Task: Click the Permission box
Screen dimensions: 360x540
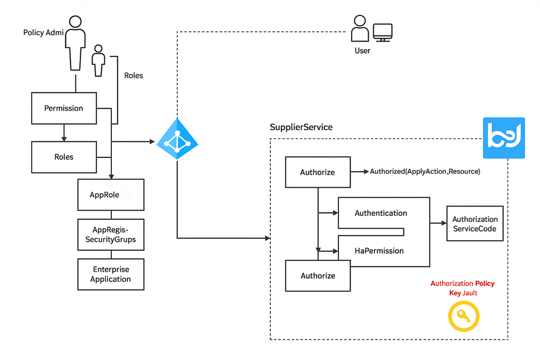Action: pyautogui.click(x=64, y=108)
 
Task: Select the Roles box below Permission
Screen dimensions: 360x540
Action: pyautogui.click(x=64, y=157)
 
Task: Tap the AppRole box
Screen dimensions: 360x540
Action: pyautogui.click(x=111, y=195)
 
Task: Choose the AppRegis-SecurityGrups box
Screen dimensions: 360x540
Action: pyautogui.click(x=111, y=235)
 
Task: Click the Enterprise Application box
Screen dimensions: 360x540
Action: pyautogui.click(x=111, y=274)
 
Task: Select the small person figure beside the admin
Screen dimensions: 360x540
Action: pyautogui.click(x=99, y=60)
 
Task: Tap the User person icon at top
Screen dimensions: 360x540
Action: pyautogui.click(x=359, y=28)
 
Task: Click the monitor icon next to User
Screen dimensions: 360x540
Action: pyautogui.click(x=383, y=32)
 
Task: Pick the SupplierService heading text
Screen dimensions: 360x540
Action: pyautogui.click(x=301, y=127)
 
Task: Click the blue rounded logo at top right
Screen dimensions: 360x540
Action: pyautogui.click(x=503, y=138)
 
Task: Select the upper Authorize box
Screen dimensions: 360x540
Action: pyautogui.click(x=317, y=172)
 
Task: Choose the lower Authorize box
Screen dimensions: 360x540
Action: pyautogui.click(x=317, y=275)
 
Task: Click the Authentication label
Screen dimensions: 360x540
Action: pyautogui.click(x=380, y=213)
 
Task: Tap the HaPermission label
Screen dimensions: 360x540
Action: pyautogui.click(x=379, y=251)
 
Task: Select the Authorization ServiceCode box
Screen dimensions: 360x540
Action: pyautogui.click(x=475, y=224)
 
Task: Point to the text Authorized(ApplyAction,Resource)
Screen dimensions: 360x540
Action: pyautogui.click(x=425, y=172)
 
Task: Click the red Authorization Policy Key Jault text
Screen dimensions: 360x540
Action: pyautogui.click(x=462, y=288)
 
